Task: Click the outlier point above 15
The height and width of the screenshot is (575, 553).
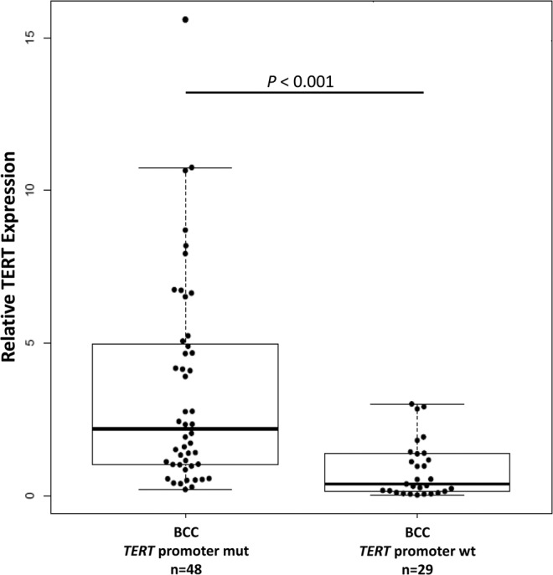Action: click(x=185, y=19)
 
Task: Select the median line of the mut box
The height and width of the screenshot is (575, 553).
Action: click(x=185, y=429)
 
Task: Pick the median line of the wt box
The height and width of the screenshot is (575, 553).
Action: click(x=416, y=484)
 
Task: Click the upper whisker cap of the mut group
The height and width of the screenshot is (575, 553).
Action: click(x=185, y=167)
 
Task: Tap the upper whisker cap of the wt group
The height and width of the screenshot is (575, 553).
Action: click(x=416, y=403)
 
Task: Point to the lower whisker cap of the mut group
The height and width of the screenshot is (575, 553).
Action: click(x=185, y=490)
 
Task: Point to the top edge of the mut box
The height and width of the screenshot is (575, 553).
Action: click(x=185, y=344)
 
